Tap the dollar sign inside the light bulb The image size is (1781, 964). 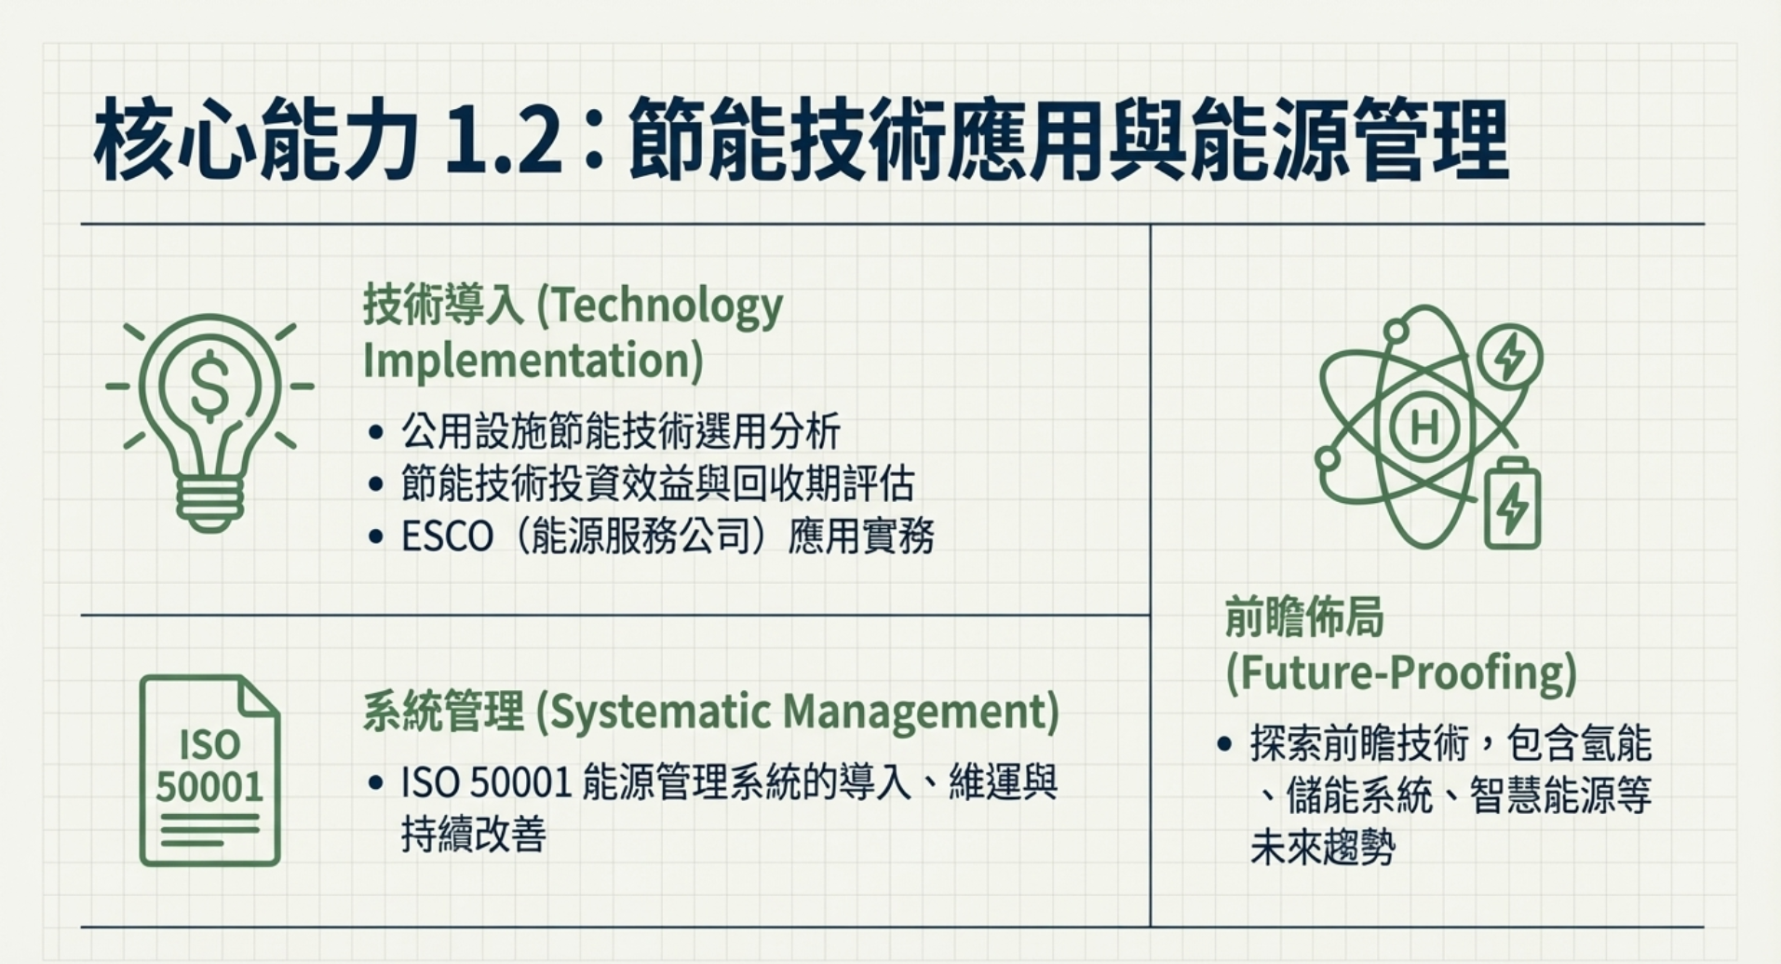click(x=210, y=386)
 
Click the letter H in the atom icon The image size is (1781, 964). click(x=1424, y=427)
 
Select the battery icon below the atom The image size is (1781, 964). click(x=1512, y=503)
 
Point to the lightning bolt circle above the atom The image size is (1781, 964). click(x=1509, y=355)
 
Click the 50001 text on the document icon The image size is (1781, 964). click(x=209, y=787)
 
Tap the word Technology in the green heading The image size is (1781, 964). click(x=661, y=307)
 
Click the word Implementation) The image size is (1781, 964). click(x=533, y=360)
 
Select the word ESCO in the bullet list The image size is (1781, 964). click(x=447, y=536)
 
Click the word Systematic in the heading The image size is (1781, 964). click(x=658, y=713)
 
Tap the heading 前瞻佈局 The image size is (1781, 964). click(x=1304, y=617)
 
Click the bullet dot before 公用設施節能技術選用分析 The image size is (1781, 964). click(x=376, y=432)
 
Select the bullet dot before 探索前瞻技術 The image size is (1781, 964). click(x=1225, y=744)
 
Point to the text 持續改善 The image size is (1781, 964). click(x=473, y=834)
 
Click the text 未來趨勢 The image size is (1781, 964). click(x=1322, y=848)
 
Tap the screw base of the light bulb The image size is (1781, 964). click(x=210, y=504)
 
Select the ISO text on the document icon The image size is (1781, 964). click(x=209, y=745)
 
